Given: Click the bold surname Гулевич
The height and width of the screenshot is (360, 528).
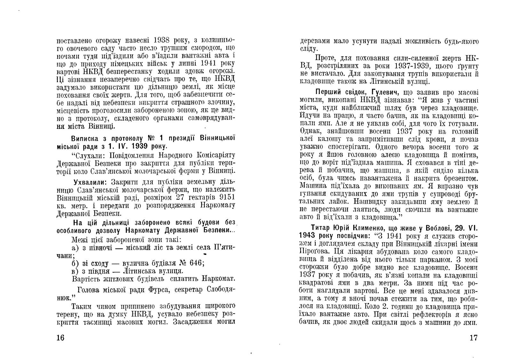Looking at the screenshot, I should (383, 92).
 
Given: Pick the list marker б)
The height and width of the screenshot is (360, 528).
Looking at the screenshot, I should (75, 263).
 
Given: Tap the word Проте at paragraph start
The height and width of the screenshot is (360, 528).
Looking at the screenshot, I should (325, 59).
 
